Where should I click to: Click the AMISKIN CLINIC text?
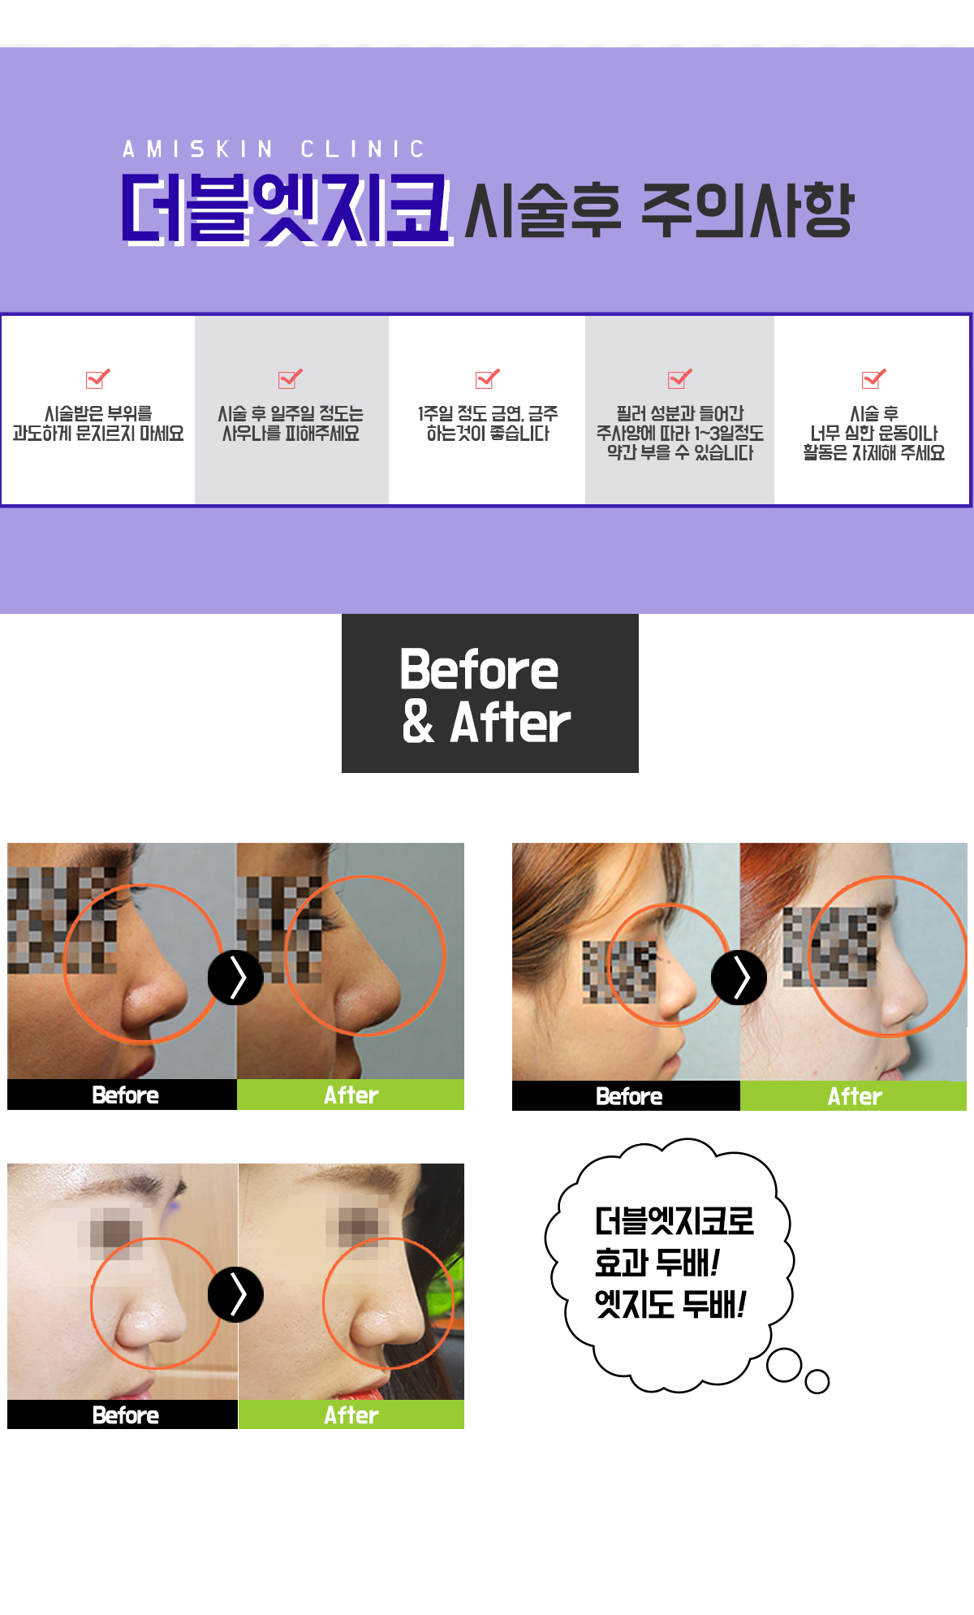[x=274, y=149]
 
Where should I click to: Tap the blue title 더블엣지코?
[x=287, y=209]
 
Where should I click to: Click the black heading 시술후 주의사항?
[x=658, y=210]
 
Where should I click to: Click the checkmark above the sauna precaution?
[x=291, y=378]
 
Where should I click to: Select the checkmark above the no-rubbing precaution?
[x=98, y=378]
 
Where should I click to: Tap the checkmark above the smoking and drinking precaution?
[x=488, y=378]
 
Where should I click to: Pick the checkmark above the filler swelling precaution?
[x=680, y=378]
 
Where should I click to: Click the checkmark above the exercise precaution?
[x=874, y=378]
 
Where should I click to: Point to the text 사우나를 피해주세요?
[x=291, y=434]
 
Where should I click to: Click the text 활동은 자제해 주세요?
[x=874, y=453]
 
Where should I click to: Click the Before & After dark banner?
[x=490, y=693]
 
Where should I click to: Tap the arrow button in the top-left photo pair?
[x=235, y=978]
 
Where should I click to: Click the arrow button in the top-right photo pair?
[x=739, y=978]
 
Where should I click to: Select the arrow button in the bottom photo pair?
[x=235, y=1294]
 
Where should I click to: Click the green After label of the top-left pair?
[x=351, y=1095]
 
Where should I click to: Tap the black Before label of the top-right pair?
[x=626, y=1096]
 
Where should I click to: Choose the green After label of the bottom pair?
[x=351, y=1414]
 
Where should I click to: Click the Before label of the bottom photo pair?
[x=123, y=1414]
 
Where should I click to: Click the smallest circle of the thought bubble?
[x=817, y=1381]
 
